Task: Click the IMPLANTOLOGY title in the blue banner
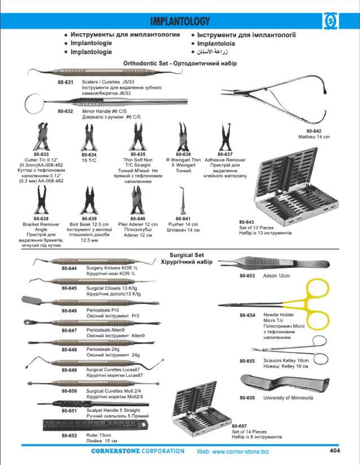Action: point(180,21)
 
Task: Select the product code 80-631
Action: point(66,82)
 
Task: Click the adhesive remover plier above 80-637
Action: point(225,137)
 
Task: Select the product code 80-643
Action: point(247,222)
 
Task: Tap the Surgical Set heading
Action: point(186,255)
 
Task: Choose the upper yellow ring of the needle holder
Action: point(318,291)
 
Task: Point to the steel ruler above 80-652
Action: point(96,425)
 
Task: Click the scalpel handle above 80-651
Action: point(93,404)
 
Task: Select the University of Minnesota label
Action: point(288,398)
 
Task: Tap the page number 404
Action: point(334,450)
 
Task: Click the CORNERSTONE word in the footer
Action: point(115,451)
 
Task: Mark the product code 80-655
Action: point(247,361)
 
